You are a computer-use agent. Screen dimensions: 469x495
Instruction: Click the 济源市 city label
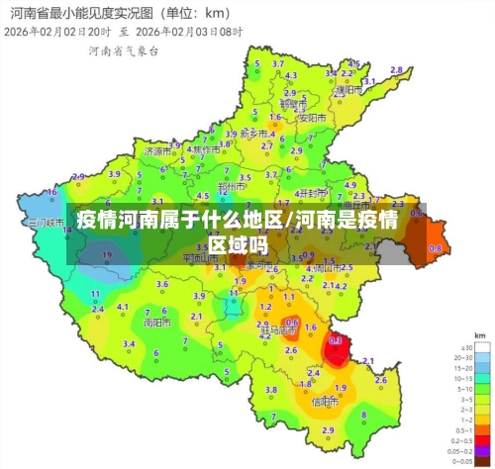(156, 152)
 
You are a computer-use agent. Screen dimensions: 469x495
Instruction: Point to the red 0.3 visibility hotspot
(336, 340)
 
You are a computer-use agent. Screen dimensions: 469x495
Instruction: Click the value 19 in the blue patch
(107, 255)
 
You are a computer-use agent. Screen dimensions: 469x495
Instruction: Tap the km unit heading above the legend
(479, 337)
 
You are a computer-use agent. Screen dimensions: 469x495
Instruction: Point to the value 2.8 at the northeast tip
(396, 70)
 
